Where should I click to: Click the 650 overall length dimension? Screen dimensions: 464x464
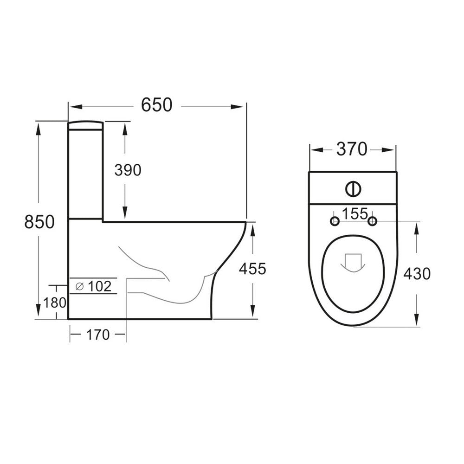click(156, 105)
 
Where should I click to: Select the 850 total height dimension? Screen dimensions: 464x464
click(39, 222)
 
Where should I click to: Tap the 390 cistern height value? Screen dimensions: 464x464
click(128, 171)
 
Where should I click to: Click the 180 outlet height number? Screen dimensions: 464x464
click(55, 303)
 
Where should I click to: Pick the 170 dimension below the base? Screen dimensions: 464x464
click(97, 334)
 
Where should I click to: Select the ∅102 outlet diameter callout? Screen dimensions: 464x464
click(93, 286)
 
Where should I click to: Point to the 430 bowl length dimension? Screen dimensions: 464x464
click(416, 274)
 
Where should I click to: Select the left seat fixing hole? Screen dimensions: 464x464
click(334, 222)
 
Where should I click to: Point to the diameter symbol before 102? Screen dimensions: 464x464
click(79, 287)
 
